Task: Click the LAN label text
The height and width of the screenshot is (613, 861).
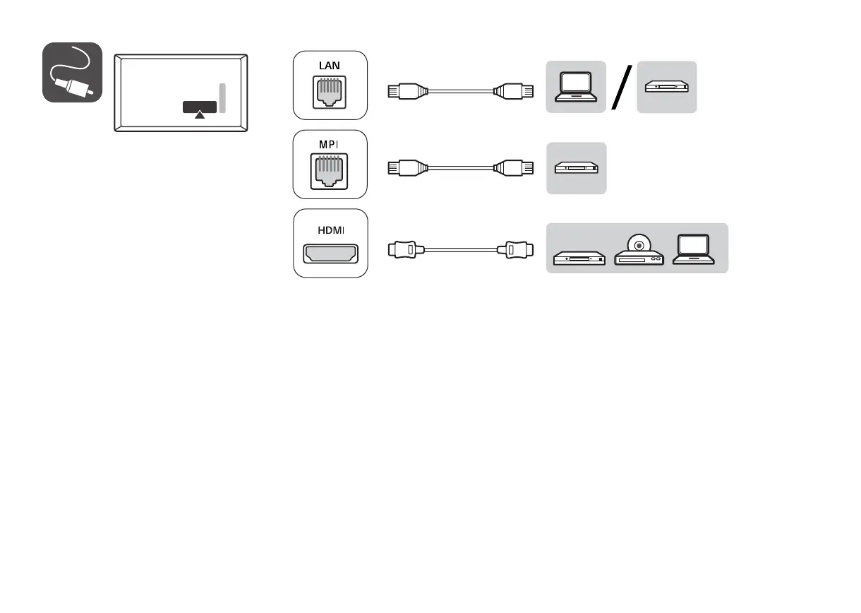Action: coord(330,66)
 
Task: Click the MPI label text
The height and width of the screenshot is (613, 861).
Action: coord(330,144)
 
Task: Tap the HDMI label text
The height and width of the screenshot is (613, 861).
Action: coord(330,230)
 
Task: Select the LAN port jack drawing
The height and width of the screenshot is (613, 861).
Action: coord(330,94)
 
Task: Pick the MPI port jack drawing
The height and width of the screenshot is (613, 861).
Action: coord(330,174)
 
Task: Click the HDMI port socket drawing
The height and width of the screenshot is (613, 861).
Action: coord(330,254)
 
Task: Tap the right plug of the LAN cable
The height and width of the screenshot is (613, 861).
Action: coord(513,90)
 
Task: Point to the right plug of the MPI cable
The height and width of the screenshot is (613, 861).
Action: coord(513,168)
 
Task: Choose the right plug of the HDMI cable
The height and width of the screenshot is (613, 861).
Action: coord(515,249)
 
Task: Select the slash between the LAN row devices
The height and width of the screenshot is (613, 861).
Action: coord(621,87)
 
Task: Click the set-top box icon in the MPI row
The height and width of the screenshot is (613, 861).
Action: coord(576,168)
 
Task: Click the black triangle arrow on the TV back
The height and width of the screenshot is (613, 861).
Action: coord(200,113)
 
